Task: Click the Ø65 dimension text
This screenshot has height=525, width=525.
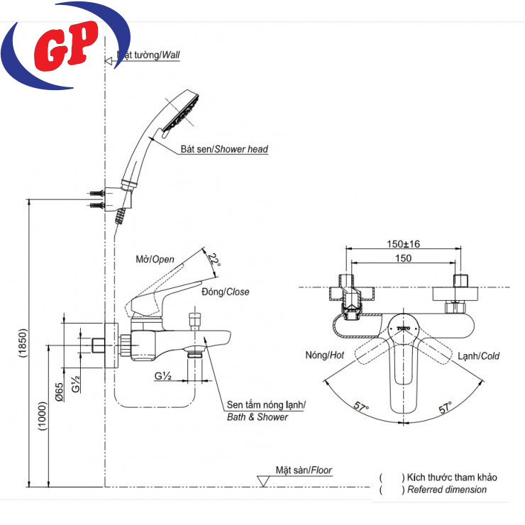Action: tap(60, 392)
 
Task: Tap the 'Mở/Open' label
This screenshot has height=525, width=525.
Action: tap(154, 260)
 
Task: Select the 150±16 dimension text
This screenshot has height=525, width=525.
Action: tap(402, 243)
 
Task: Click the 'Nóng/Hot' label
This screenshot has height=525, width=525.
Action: tap(325, 355)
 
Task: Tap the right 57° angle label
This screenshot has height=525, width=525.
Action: tap(446, 407)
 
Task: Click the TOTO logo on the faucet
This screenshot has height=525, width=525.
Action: tap(404, 328)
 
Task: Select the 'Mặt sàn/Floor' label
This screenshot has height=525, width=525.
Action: tap(304, 470)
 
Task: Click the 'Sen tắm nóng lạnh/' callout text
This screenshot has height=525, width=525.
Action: tap(265, 404)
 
